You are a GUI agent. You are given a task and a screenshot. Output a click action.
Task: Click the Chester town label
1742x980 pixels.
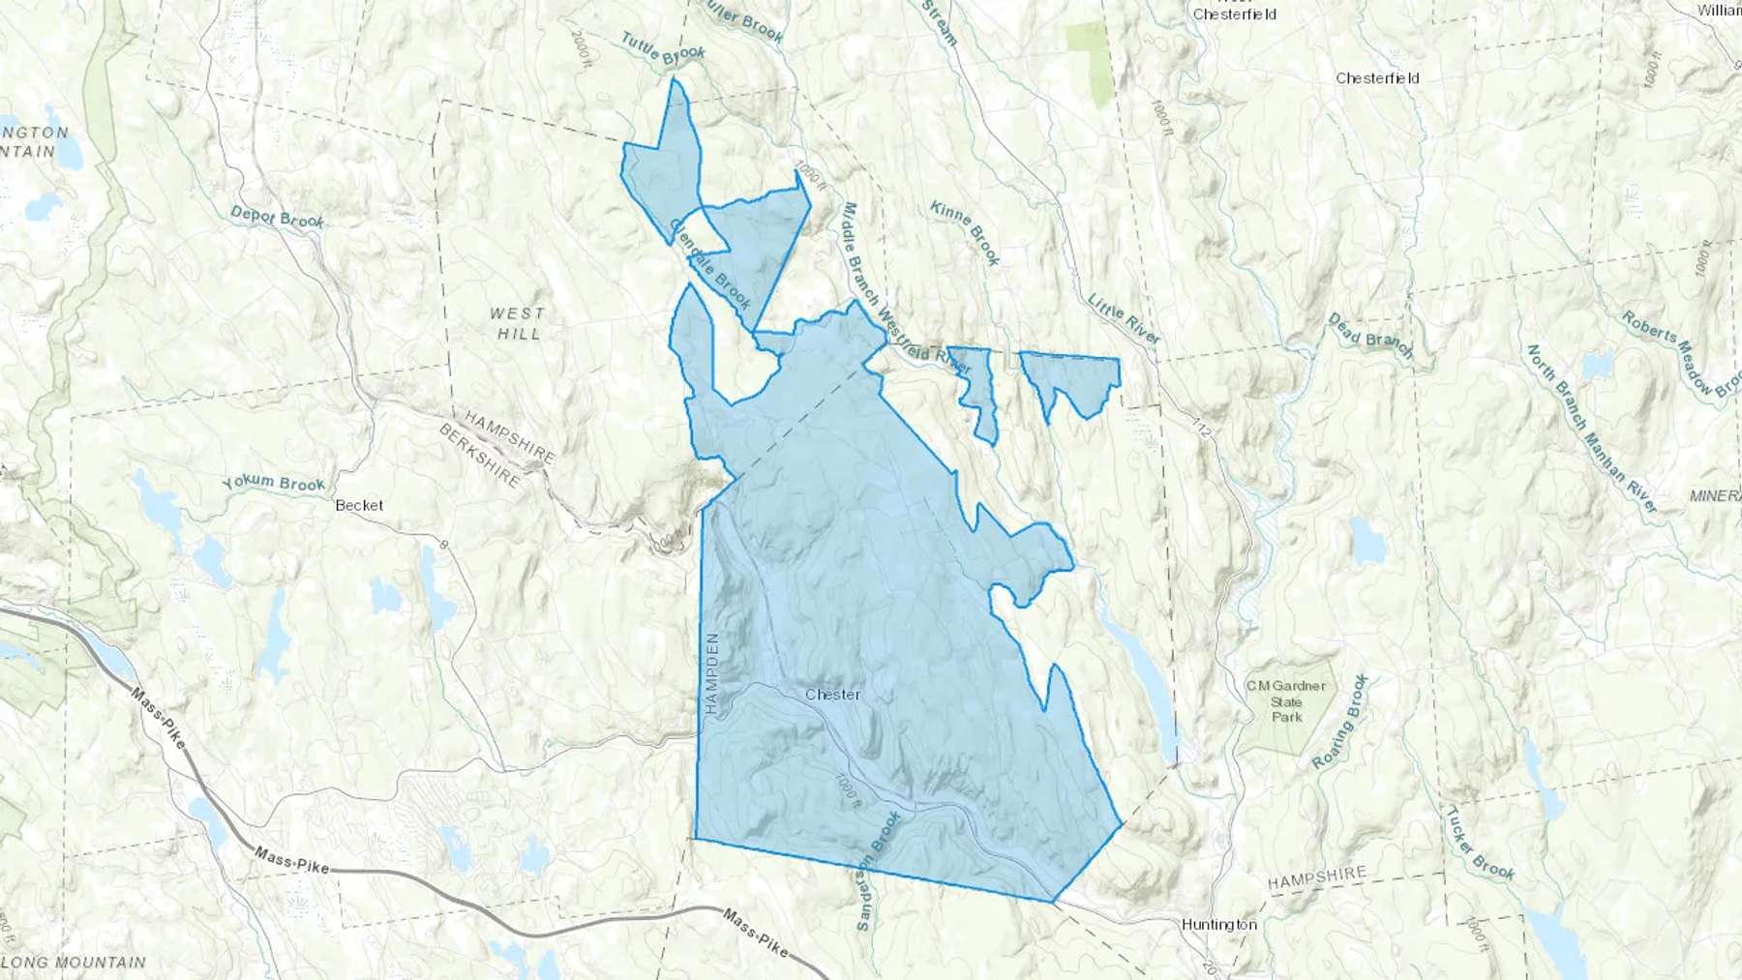tap(832, 695)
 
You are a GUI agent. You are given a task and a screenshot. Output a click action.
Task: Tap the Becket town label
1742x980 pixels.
tap(359, 505)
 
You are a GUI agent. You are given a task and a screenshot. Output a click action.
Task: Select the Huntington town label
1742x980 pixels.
tap(1218, 925)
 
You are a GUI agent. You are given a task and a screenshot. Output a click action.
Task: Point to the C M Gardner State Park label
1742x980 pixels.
tap(1286, 701)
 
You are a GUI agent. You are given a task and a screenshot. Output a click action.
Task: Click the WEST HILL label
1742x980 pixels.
tap(518, 323)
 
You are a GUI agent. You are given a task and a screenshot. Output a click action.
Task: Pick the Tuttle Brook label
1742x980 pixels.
tap(663, 48)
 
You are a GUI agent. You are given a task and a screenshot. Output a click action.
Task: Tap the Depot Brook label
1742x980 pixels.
tap(277, 218)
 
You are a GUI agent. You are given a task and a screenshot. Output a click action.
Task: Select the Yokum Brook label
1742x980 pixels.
tap(273, 483)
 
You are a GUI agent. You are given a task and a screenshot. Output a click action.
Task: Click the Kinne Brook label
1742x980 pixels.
tap(965, 233)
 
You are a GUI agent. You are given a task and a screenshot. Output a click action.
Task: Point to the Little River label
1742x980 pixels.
tap(1124, 318)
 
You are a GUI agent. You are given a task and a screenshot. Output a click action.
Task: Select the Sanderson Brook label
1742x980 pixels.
tap(878, 871)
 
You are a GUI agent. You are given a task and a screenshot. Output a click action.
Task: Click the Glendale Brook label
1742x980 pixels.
tap(710, 264)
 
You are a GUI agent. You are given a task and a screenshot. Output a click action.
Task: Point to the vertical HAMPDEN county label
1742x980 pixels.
tap(713, 674)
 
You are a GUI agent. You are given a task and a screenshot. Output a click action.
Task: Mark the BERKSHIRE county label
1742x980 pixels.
tap(480, 456)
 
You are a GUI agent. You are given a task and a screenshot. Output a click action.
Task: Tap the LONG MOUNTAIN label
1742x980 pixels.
tap(74, 963)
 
